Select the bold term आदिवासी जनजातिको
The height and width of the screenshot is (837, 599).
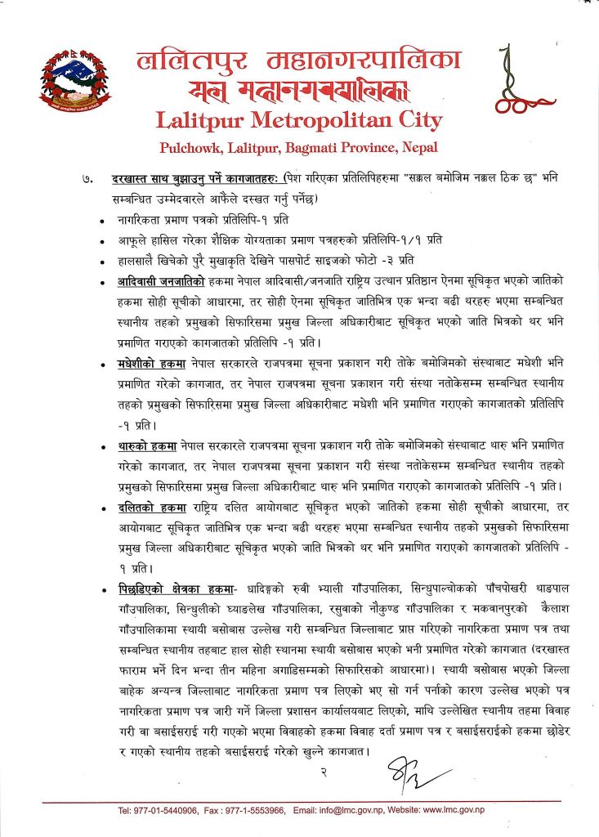(159, 282)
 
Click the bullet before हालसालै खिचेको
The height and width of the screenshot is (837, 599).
(101, 263)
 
